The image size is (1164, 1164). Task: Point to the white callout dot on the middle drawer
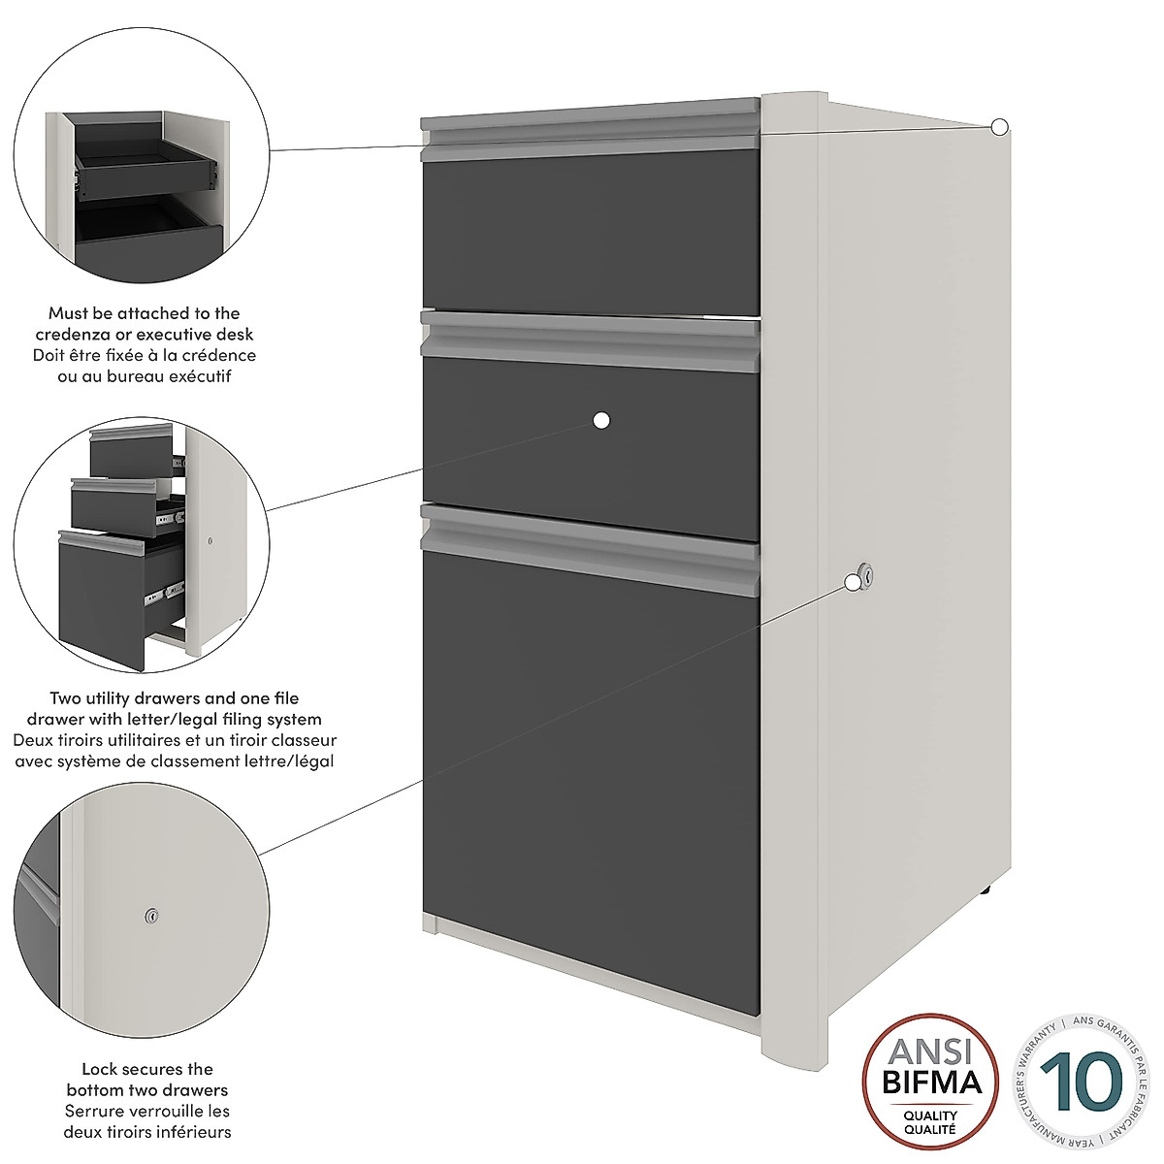pos(601,420)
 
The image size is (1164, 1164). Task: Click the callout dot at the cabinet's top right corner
pos(1000,125)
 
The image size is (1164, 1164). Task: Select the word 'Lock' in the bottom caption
pos(99,1069)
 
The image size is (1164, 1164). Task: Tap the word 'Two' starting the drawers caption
pos(67,698)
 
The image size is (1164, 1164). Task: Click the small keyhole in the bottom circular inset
pos(150,915)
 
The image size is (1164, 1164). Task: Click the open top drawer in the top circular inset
pos(145,160)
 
